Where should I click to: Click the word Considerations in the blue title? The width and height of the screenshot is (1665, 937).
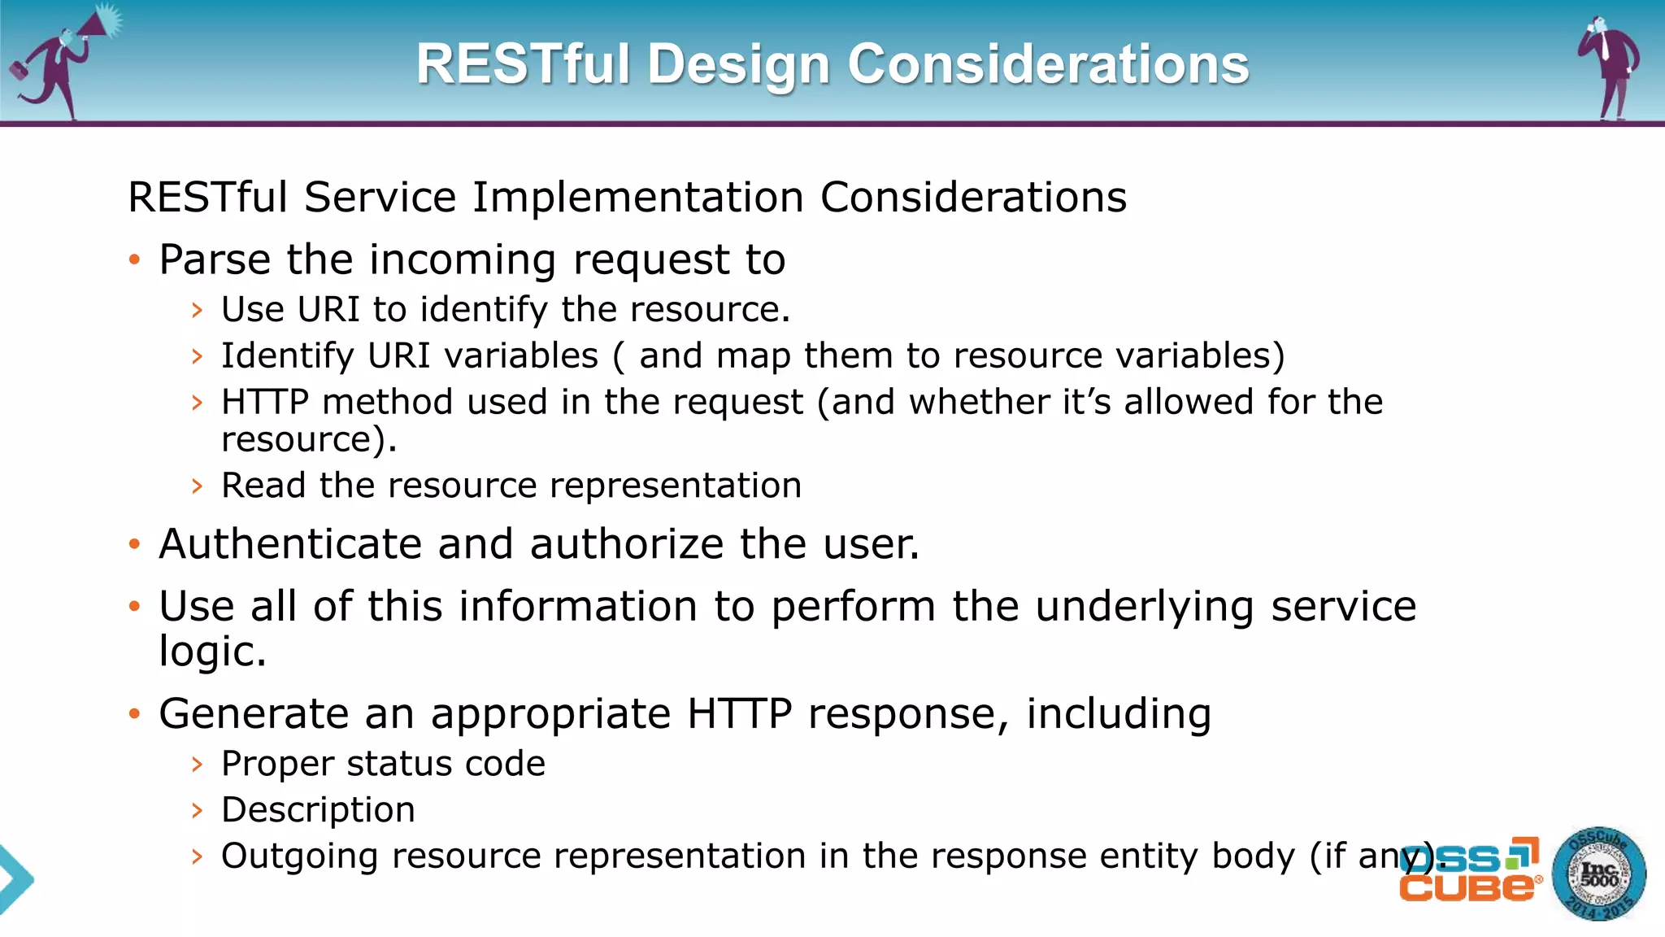(x=1048, y=64)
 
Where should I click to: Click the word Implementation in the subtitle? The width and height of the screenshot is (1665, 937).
(x=637, y=198)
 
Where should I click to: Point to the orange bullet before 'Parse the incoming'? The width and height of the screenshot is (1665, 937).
(x=135, y=260)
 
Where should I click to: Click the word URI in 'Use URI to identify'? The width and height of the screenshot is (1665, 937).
(x=328, y=310)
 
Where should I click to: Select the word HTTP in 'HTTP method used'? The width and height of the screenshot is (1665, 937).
(x=265, y=403)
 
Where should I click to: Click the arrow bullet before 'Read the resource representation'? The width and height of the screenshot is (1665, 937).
(x=197, y=486)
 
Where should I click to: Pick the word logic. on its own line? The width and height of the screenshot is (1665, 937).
(x=212, y=652)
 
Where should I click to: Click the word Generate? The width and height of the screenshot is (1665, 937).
(x=254, y=714)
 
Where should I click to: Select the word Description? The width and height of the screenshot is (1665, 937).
(x=318, y=811)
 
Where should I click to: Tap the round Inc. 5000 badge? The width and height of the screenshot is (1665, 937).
(x=1598, y=874)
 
